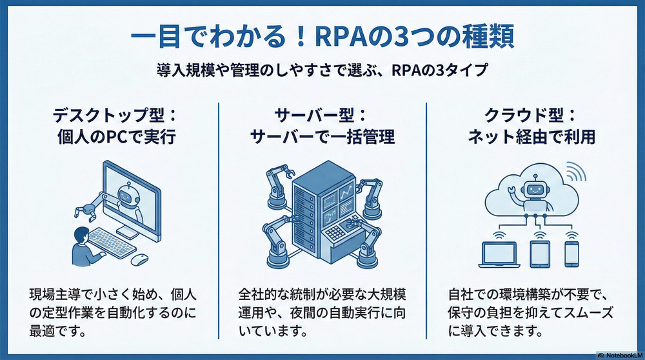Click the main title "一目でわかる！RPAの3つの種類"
pyautogui.click(x=322, y=36)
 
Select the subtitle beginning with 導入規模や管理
pyautogui.click(x=322, y=70)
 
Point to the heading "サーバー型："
pyautogui.click(x=322, y=117)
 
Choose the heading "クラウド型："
pyautogui.click(x=531, y=117)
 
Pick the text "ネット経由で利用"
pyautogui.click(x=531, y=138)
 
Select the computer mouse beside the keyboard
pyautogui.click(x=139, y=259)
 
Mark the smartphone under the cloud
pyautogui.click(x=571, y=253)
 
